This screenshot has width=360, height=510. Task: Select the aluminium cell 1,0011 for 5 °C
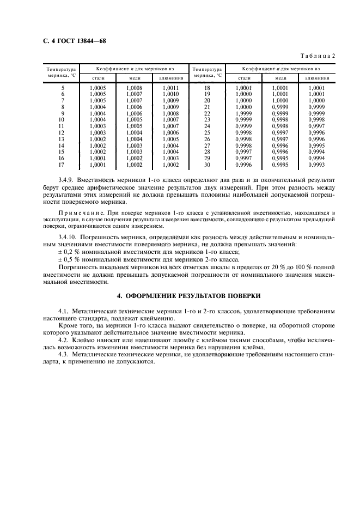pos(170,87)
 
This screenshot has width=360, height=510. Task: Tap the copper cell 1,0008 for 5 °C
pos(134,87)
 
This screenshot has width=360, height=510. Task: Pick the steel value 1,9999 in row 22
pos(243,113)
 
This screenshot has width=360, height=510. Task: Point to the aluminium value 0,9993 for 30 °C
pos(316,165)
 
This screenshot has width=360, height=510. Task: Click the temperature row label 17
pos(62,165)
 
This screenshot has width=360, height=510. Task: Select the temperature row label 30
pos(207,165)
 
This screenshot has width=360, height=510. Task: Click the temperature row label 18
pos(207,87)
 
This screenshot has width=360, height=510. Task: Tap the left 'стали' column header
pos(99,78)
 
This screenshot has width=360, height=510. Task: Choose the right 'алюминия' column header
pos(316,78)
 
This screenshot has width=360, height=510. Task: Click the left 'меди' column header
pos(134,78)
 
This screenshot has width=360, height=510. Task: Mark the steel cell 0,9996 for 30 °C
pos(243,165)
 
